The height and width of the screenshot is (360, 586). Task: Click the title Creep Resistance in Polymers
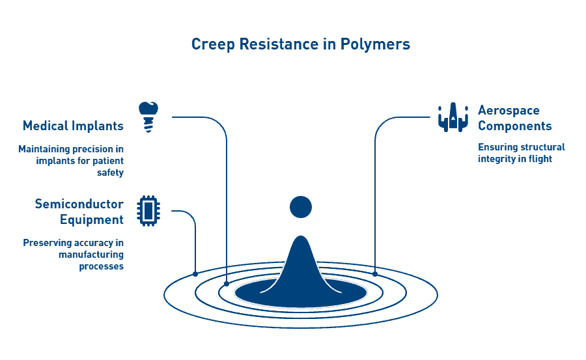(x=300, y=44)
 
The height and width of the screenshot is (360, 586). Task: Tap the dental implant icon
(x=149, y=117)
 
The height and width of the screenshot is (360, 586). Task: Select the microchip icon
(x=148, y=210)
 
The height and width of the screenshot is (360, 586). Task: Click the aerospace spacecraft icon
(x=453, y=117)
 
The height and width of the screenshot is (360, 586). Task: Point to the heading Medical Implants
(x=73, y=126)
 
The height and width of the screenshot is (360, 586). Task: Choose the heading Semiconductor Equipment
(x=79, y=212)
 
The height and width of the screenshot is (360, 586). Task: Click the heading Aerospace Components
(x=515, y=118)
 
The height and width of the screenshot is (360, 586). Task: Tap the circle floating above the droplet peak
(x=301, y=207)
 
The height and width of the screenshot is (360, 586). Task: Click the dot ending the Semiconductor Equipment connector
(x=195, y=274)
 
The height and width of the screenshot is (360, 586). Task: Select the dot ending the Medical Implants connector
(x=227, y=283)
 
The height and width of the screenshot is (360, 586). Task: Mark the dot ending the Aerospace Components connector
(x=375, y=274)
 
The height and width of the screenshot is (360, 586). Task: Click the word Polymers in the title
(x=380, y=44)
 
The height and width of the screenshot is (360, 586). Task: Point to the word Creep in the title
(x=211, y=44)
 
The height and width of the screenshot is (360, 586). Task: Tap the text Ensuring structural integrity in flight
(x=520, y=153)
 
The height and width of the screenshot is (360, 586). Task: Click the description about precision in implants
(x=71, y=161)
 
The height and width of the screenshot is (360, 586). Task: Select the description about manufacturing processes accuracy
(x=74, y=255)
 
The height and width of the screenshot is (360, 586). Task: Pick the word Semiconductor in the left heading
(x=79, y=204)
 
